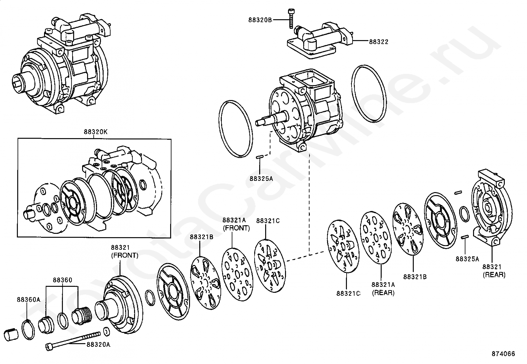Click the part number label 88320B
coord(260,20)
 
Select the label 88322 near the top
coord(379,42)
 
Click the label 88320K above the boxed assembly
coord(95,132)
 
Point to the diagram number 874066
coord(503,354)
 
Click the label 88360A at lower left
coord(28,300)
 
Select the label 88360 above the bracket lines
coord(62,280)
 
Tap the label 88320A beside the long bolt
coord(98,344)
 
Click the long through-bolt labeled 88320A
coord(73,341)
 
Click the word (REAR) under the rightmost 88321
coord(494,275)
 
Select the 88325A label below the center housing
coord(261,179)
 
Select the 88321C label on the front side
coord(268,221)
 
